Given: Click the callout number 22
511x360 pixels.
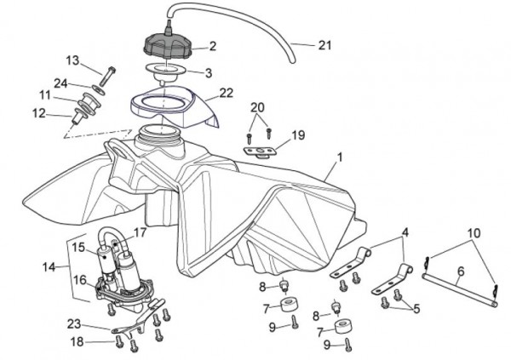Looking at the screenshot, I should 227,93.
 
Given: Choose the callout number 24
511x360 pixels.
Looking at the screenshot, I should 60,83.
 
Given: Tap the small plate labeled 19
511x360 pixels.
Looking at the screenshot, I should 259,148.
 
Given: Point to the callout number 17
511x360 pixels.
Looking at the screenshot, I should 141,231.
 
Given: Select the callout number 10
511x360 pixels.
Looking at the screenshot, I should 474,232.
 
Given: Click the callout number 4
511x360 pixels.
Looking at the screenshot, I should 405,231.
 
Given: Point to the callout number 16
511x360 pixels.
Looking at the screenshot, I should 78,278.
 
